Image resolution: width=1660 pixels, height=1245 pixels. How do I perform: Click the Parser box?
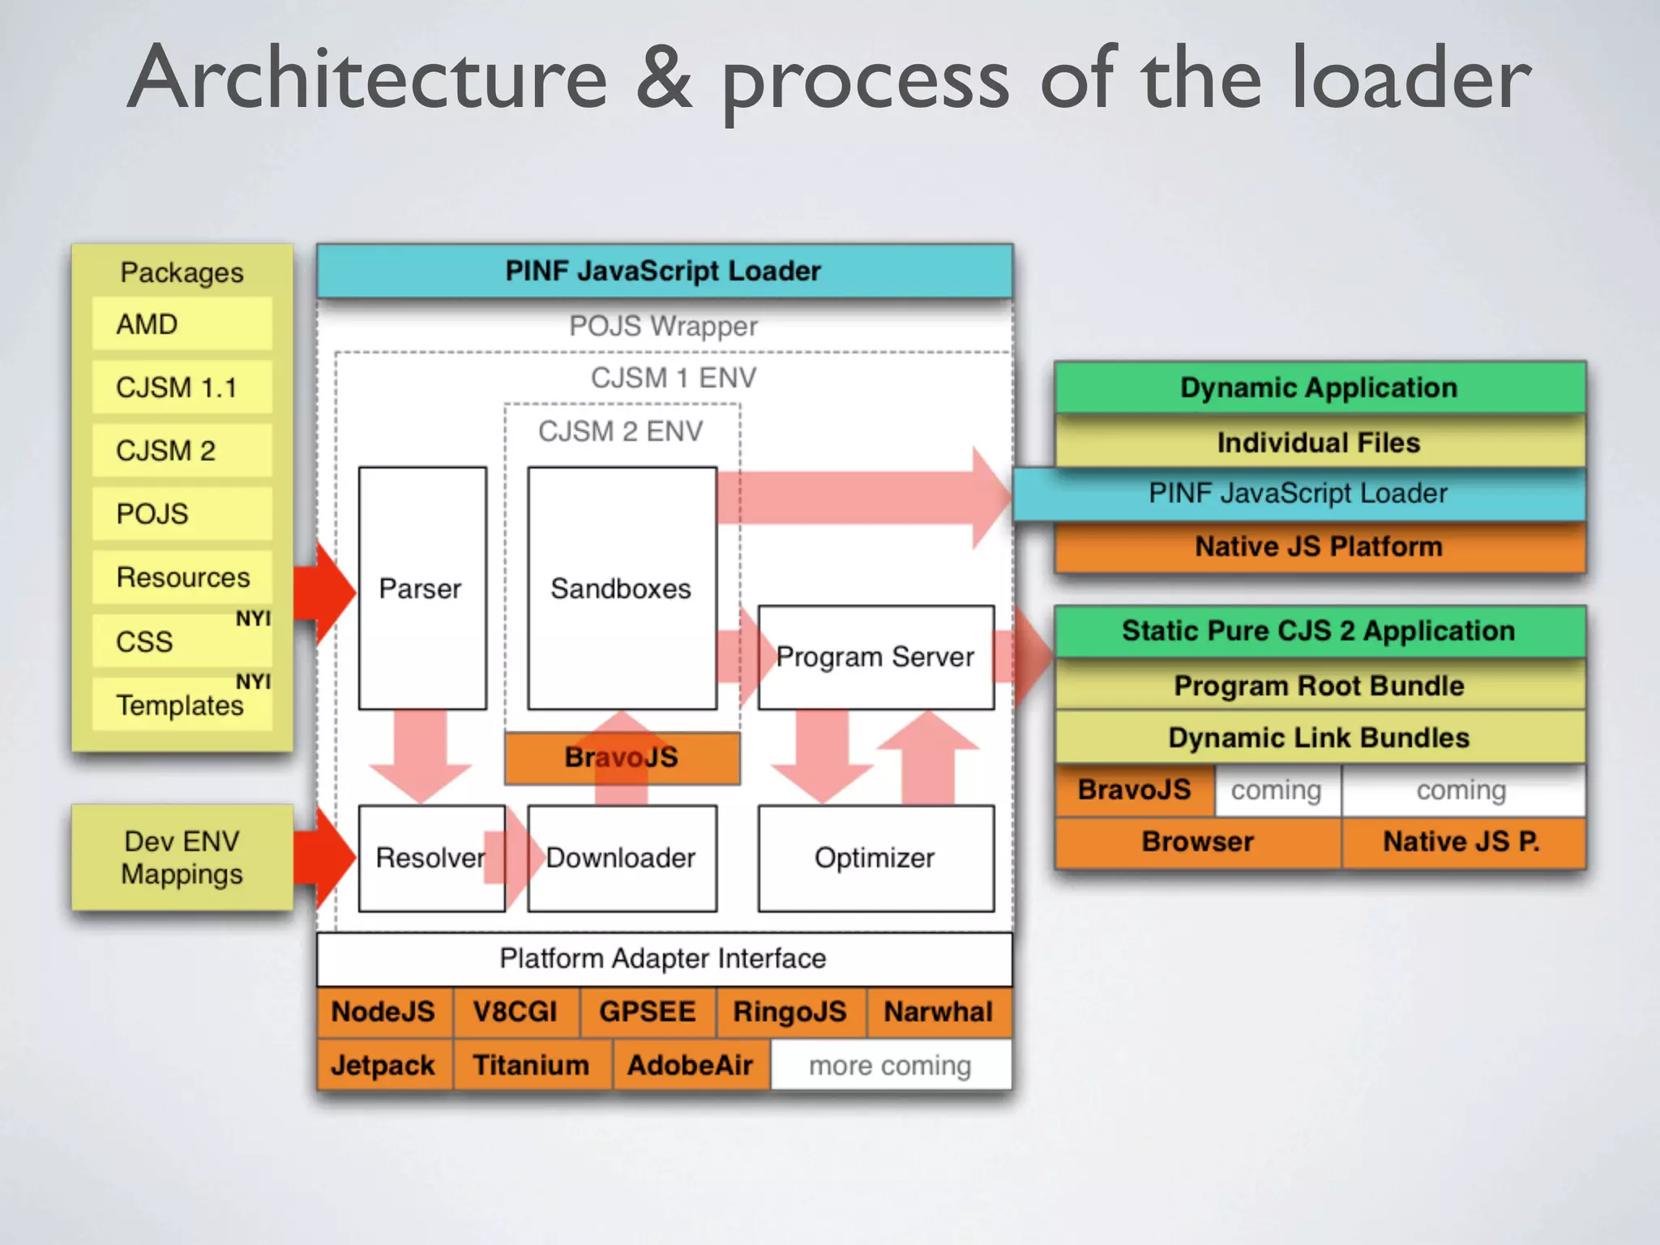[x=421, y=588]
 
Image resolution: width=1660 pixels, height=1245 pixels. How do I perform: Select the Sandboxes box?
[x=622, y=588]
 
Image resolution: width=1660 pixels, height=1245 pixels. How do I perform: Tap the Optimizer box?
[x=875, y=858]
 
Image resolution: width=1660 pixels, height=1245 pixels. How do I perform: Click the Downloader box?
[x=622, y=858]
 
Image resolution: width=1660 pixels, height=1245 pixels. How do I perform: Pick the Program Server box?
[x=875, y=657]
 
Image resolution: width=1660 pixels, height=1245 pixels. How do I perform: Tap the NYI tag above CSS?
[x=253, y=618]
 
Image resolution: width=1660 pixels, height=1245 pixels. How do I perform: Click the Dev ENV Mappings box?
[x=182, y=858]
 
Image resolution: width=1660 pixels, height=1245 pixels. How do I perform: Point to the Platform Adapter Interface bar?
[x=664, y=959]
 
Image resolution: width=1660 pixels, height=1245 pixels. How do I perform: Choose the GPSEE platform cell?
[x=648, y=1012]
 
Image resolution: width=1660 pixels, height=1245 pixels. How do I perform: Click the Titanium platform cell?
[x=531, y=1065]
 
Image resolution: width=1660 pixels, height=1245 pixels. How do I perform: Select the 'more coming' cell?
[x=890, y=1065]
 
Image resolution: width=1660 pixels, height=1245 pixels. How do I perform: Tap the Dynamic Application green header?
[x=1319, y=387]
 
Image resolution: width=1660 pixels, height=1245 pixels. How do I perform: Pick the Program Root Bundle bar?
[x=1319, y=686]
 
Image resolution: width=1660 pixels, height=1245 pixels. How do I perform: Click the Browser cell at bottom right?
[x=1197, y=842]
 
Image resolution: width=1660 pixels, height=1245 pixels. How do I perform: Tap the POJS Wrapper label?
[x=663, y=326]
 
